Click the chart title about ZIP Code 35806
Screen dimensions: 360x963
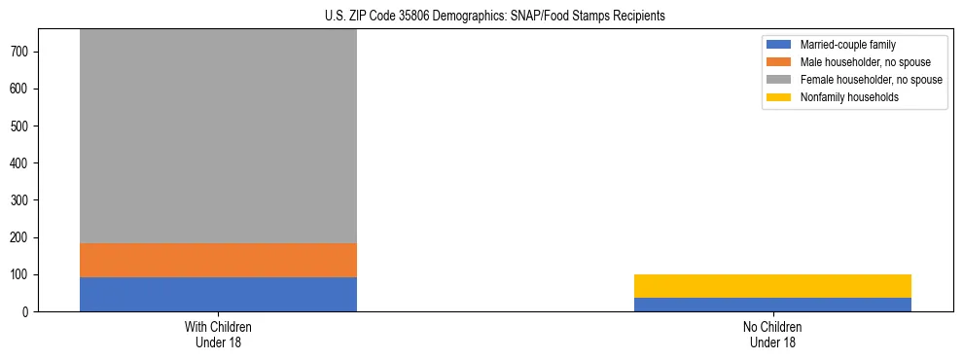[495, 17]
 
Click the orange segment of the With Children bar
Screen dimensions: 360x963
[218, 260]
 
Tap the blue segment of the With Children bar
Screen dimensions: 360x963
[218, 294]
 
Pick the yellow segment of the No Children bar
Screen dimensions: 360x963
[772, 286]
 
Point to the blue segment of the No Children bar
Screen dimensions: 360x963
[772, 305]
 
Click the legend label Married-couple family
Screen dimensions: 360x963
[847, 45]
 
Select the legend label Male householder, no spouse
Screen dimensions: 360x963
[864, 62]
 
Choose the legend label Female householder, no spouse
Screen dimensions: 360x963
[871, 80]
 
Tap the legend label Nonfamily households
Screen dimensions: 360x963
[849, 97]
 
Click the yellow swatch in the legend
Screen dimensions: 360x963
[779, 97]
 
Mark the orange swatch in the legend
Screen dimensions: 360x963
[779, 62]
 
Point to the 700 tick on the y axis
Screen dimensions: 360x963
[30, 52]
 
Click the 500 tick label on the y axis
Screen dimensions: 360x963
[30, 126]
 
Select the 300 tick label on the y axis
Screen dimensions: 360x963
[30, 200]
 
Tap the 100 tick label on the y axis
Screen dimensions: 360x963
[30, 274]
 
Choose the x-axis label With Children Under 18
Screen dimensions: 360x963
[218, 334]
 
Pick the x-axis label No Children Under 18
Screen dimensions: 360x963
[772, 334]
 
